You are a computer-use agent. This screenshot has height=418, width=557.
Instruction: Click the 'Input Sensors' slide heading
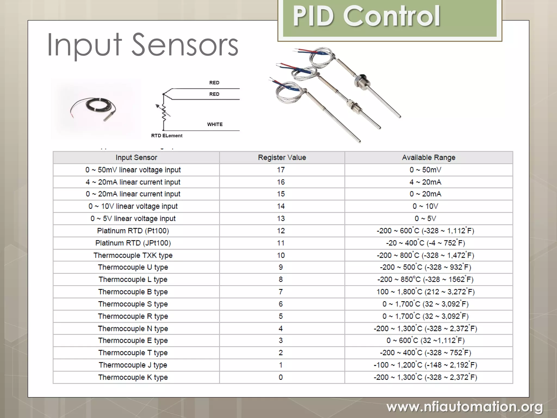(143, 45)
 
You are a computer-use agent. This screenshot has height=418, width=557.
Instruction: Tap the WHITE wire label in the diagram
(215, 124)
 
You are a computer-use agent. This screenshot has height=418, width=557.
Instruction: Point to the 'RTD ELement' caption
(167, 136)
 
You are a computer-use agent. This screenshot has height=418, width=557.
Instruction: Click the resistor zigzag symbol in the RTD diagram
(164, 112)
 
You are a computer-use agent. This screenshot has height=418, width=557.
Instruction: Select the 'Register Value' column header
(282, 158)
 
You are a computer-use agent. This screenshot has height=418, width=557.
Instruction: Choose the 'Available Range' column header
(428, 158)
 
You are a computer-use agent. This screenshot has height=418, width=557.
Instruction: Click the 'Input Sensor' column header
(136, 158)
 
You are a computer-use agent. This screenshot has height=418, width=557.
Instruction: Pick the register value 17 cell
(281, 170)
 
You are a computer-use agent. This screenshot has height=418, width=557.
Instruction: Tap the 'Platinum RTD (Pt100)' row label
(133, 231)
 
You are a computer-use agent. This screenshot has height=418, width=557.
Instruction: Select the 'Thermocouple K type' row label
(133, 377)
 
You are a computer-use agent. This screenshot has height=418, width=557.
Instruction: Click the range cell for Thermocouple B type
(425, 292)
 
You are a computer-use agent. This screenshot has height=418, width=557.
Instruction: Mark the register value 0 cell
(281, 377)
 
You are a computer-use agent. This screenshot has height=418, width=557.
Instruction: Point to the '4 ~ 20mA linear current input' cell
(133, 182)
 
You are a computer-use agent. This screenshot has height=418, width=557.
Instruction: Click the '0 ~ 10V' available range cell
(425, 206)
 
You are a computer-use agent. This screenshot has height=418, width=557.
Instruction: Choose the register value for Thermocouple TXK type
(281, 255)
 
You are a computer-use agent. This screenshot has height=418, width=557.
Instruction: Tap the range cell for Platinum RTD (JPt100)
(425, 243)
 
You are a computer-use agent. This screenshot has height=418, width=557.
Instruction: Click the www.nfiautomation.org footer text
(465, 407)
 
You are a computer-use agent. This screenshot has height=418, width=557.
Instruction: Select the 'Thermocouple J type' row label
(133, 365)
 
